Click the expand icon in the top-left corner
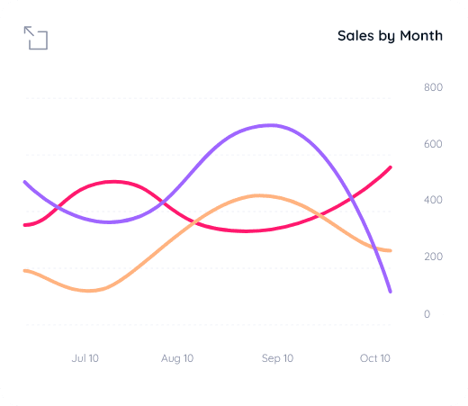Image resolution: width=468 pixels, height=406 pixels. tap(36, 38)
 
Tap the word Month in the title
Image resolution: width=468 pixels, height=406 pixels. tap(420, 36)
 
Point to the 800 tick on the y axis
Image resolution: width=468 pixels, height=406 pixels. tap(433, 87)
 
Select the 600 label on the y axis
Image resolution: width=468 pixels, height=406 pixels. tap(433, 144)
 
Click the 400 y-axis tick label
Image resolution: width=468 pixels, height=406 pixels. tap(433, 200)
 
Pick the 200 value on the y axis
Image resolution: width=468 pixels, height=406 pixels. tap(433, 257)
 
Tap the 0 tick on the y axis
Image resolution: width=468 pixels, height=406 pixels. tap(427, 313)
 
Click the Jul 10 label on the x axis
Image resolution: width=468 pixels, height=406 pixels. tap(85, 358)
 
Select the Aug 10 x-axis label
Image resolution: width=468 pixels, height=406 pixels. tap(177, 358)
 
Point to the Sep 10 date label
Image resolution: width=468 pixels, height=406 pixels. tap(277, 358)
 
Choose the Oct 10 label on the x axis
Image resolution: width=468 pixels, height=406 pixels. tap(375, 358)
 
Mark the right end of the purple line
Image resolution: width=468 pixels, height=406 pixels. tap(391, 292)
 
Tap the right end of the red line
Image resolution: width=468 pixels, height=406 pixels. tap(391, 167)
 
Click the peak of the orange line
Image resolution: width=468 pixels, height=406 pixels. tap(259, 195)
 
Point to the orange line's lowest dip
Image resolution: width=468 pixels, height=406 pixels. tap(90, 291)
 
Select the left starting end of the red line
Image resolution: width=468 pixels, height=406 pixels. tap(25, 225)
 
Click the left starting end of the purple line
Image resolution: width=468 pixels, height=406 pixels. tap(25, 182)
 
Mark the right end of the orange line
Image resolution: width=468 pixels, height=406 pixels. tap(391, 250)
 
